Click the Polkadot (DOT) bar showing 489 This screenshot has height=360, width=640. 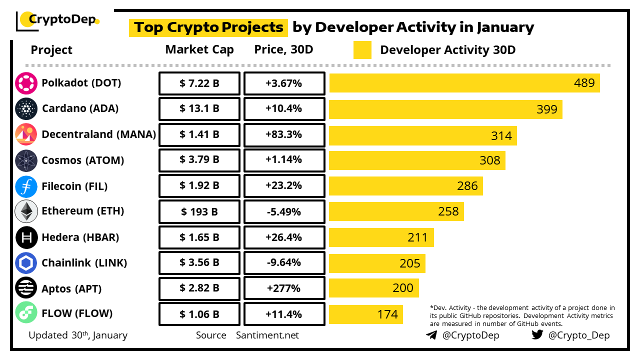(x=464, y=83)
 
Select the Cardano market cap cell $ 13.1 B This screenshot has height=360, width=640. (x=199, y=109)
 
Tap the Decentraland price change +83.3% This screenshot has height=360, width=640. (x=284, y=135)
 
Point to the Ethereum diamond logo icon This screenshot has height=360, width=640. (x=26, y=211)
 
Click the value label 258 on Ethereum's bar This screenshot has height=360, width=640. (x=448, y=211)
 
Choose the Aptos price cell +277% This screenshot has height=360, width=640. (x=284, y=288)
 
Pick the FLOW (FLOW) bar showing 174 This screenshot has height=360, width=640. (x=365, y=314)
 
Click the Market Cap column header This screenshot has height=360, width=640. (x=199, y=50)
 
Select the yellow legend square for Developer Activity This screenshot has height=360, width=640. (x=362, y=50)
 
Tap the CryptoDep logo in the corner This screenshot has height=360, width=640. (x=58, y=20)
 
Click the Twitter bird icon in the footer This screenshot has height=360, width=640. (x=537, y=335)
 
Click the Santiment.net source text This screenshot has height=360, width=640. (x=267, y=335)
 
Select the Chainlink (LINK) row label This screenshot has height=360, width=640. (x=84, y=263)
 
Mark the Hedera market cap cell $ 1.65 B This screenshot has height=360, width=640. (x=199, y=237)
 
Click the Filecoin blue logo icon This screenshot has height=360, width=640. (x=26, y=186)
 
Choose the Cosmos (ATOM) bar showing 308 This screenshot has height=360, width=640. (x=417, y=160)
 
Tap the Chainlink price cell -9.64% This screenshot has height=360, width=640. (x=284, y=263)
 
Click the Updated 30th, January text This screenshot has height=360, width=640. (x=78, y=335)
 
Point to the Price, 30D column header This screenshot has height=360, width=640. (x=284, y=50)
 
